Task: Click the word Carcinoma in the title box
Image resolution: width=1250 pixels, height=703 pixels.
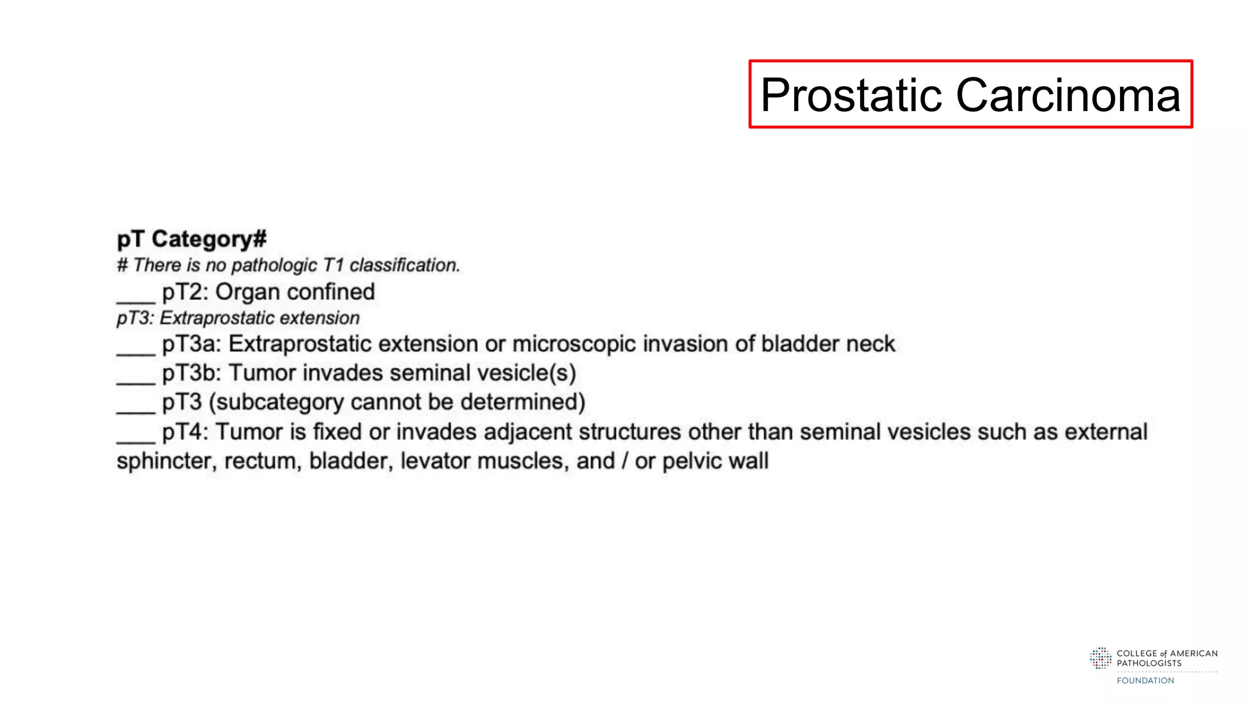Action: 1068,95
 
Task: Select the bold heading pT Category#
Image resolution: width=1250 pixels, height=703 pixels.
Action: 192,239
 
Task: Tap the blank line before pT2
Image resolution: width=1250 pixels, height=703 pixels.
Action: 135,298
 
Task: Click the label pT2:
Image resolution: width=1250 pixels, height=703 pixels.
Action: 186,292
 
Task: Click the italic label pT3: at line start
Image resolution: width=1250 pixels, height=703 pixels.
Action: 134,318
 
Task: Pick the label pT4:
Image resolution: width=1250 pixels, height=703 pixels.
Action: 186,432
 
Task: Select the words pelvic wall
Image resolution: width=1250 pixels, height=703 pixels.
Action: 715,461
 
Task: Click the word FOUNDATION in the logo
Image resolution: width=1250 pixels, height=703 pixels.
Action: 1145,680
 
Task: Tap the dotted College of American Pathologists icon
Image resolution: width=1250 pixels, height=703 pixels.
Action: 1100,658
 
